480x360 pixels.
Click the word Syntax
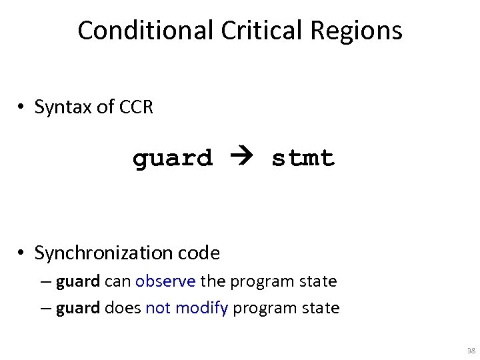[x=64, y=107]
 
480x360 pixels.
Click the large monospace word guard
[x=173, y=159]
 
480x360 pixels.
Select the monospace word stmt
[x=303, y=159]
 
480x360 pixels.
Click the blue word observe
[x=165, y=281]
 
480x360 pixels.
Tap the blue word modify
[x=203, y=308]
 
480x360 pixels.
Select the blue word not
[x=158, y=308]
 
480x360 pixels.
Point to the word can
[x=118, y=281]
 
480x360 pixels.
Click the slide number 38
[x=471, y=350]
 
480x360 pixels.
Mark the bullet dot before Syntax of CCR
[x=22, y=107]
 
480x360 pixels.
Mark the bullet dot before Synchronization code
[x=22, y=254]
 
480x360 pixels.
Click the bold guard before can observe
[x=78, y=282]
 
